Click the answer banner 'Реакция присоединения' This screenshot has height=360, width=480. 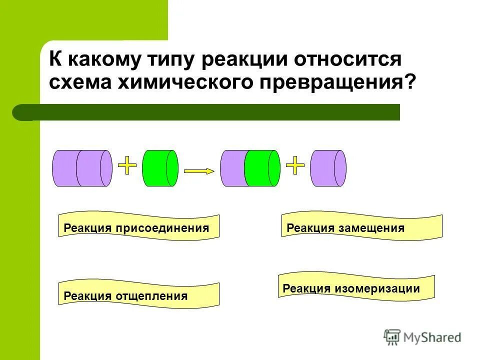click(x=139, y=228)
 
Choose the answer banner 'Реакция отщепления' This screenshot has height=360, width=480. click(x=139, y=296)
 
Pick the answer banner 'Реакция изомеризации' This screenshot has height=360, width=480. click(x=356, y=288)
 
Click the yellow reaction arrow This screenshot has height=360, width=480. click(x=199, y=171)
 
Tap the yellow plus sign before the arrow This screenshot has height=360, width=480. click(x=127, y=164)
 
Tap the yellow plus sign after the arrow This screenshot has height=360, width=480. click(x=295, y=164)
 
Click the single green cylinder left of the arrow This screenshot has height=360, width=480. click(x=160, y=168)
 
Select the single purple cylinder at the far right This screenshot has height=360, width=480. click(x=328, y=168)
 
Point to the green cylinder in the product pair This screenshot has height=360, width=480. click(x=262, y=168)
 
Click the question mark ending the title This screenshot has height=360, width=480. click(x=410, y=82)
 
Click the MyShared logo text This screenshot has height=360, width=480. click(x=432, y=338)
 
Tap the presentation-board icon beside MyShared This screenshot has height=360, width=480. click(x=392, y=337)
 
